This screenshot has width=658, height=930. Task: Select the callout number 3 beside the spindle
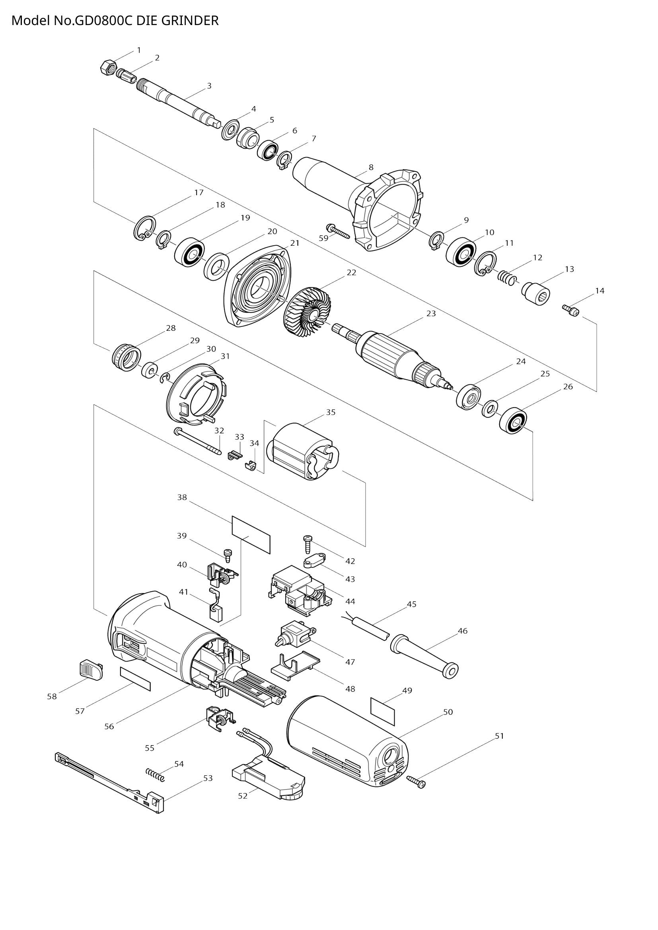tap(209, 86)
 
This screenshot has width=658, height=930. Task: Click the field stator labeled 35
tap(304, 451)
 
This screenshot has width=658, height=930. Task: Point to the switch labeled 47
tap(293, 637)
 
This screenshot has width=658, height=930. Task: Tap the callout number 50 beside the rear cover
tap(448, 712)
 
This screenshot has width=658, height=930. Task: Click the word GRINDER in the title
tap(190, 20)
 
